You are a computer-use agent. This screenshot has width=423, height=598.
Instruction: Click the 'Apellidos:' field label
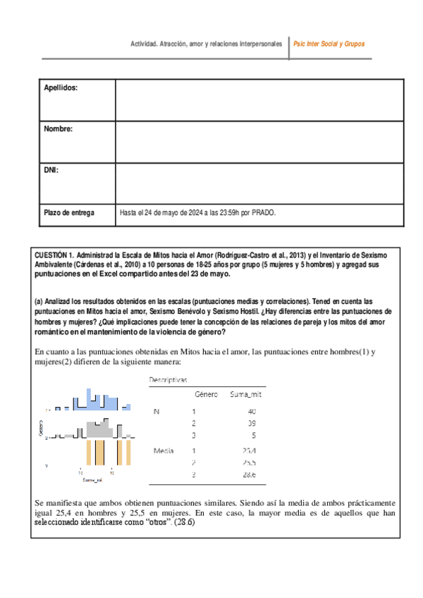tap(61, 87)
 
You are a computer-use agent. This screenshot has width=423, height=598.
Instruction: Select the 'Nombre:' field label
tap(59, 128)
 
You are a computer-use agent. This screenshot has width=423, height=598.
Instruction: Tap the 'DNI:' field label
tap(51, 170)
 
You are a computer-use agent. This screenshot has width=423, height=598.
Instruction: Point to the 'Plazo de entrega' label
tap(68, 212)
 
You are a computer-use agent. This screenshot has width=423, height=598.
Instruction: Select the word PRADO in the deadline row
tap(263, 212)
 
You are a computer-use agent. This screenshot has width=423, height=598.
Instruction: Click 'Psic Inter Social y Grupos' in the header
tap(329, 44)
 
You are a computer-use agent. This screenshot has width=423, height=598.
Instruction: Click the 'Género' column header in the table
tap(205, 395)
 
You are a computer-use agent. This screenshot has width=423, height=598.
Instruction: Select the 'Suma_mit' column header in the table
tap(246, 395)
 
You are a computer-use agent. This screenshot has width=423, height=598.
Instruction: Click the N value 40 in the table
tap(252, 411)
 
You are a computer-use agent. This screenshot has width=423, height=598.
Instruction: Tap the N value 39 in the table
tap(252, 423)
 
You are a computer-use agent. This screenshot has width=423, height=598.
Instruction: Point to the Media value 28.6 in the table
tap(250, 476)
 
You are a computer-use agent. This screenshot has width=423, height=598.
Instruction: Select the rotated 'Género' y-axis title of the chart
tap(40, 427)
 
